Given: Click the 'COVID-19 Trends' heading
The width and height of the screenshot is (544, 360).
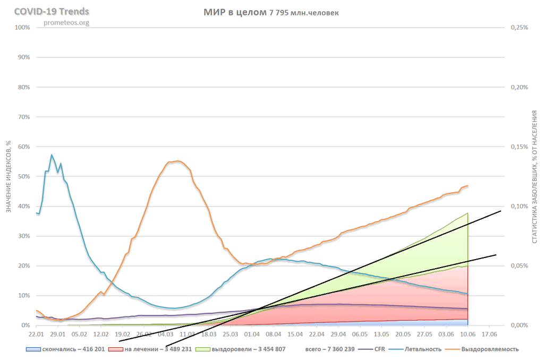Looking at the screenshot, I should pyautogui.click(x=51, y=12).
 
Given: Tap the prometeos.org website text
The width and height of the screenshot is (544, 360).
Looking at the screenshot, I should pyautogui.click(x=66, y=22).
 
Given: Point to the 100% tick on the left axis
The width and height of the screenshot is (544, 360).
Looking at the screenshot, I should pyautogui.click(x=22, y=27).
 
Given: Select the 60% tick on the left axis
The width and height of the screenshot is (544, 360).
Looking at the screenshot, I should pyautogui.click(x=23, y=147).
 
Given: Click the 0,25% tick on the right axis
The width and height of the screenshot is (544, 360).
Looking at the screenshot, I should pyautogui.click(x=519, y=27).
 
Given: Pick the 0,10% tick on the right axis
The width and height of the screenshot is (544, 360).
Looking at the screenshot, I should pyautogui.click(x=519, y=206).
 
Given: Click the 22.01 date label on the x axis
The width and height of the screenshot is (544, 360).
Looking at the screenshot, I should pyautogui.click(x=36, y=335).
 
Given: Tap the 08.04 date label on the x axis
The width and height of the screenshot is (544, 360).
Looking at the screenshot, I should pyautogui.click(x=274, y=335).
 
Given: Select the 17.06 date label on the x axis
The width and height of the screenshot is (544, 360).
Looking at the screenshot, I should pyautogui.click(x=489, y=335).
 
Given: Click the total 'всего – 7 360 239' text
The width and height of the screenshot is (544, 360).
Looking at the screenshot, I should pyautogui.click(x=329, y=349).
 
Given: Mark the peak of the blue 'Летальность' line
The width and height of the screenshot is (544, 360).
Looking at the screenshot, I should pyautogui.click(x=52, y=155).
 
